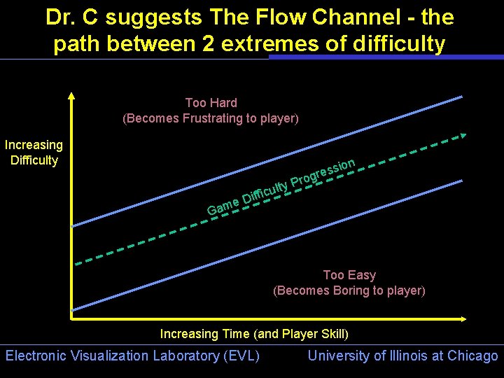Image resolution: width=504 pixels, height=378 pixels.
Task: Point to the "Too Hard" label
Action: click(x=211, y=103)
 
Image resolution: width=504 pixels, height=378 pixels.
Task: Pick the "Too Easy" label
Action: click(x=349, y=275)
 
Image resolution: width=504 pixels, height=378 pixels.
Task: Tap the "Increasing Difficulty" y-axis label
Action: click(x=34, y=153)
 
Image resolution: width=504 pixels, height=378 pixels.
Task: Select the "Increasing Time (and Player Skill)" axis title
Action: click(x=254, y=334)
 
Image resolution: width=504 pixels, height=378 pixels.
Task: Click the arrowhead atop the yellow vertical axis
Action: click(x=72, y=96)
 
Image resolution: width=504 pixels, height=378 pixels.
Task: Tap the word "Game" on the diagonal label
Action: click(x=223, y=206)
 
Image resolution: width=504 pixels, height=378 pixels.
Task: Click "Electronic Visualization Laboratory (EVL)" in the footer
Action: click(x=132, y=356)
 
